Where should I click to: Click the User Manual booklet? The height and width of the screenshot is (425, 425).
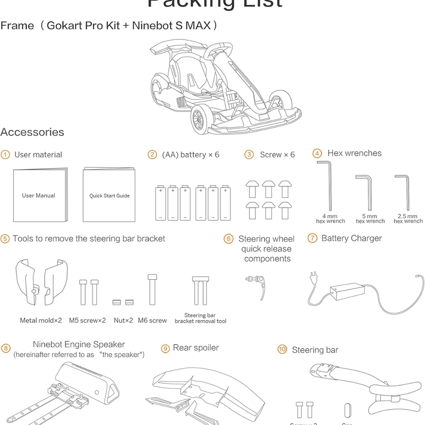click(x=39, y=196)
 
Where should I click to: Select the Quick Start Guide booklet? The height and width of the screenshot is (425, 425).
click(x=109, y=196)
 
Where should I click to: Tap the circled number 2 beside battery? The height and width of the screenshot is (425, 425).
click(x=152, y=155)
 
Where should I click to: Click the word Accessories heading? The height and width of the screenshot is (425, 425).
click(x=32, y=132)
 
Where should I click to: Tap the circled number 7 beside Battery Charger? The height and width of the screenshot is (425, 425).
click(x=312, y=238)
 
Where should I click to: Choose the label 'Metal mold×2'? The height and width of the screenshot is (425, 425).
click(x=41, y=320)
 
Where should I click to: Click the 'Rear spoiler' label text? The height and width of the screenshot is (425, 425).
click(x=196, y=348)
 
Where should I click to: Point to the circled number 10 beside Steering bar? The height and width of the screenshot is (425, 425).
click(x=282, y=350)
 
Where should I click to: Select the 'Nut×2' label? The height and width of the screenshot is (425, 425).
click(x=124, y=320)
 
